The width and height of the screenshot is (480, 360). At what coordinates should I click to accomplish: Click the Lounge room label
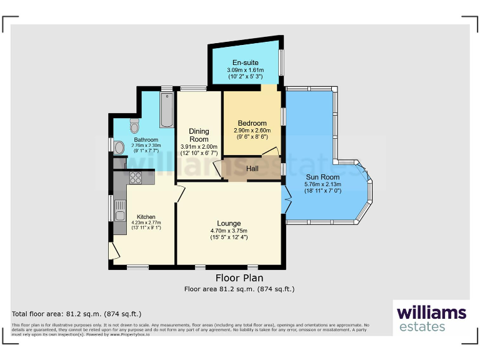pos(229,223)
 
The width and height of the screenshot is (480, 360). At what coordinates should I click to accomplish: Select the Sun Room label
pos(322,177)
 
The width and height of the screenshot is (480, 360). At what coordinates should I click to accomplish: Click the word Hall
pos(252,169)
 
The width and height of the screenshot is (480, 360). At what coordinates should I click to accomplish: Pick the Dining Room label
pos(199,135)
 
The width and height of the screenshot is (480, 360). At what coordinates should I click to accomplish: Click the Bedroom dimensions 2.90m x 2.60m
pos(251,131)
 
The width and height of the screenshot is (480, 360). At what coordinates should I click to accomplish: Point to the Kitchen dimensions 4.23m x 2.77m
pos(146,222)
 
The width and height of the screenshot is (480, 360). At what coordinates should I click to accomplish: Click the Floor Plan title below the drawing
pos(239,278)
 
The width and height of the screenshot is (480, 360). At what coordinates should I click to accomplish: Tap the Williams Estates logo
pos(431,317)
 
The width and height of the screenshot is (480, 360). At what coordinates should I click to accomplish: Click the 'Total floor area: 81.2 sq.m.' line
pos(77,314)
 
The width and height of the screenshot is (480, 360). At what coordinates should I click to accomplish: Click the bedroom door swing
pos(271,151)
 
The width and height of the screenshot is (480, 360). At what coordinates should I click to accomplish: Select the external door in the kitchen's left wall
pos(113,251)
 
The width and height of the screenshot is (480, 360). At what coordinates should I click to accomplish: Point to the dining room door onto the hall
pos(217,169)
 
